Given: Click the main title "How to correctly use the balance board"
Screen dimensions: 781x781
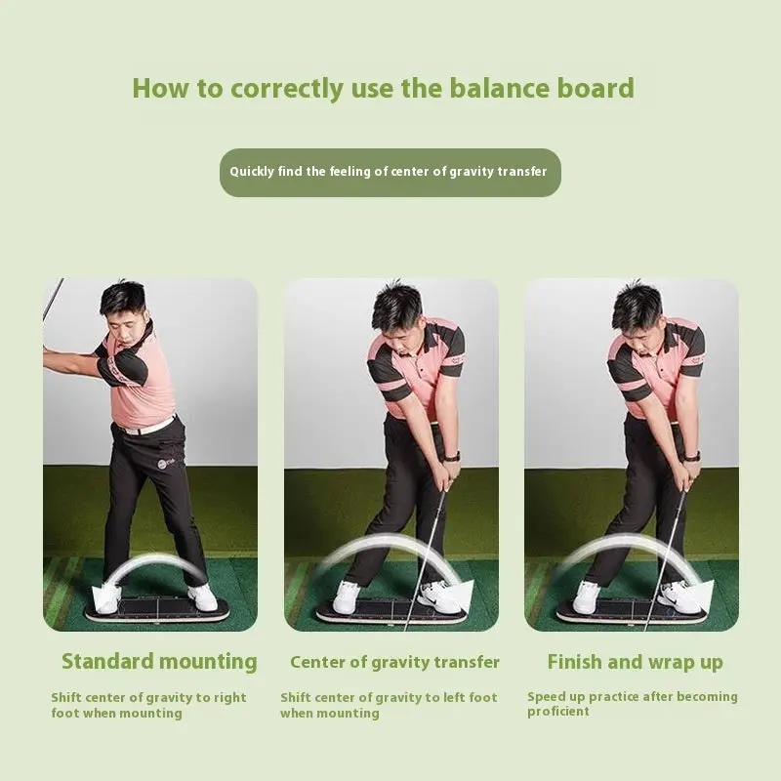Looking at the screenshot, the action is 383,89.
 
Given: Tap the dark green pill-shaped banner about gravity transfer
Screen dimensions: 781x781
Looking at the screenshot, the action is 390,173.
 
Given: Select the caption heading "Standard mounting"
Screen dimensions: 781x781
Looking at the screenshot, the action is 159,662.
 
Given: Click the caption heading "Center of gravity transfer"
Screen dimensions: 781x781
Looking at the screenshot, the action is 394,662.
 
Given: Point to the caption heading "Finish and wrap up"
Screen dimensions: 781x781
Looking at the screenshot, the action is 636,662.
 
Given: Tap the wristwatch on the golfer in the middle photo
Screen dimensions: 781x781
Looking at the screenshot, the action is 451,456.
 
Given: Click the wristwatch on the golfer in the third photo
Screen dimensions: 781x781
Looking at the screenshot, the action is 692,456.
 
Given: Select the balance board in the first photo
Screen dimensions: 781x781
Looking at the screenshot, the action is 157,609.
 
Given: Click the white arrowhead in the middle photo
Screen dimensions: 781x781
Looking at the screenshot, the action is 462,595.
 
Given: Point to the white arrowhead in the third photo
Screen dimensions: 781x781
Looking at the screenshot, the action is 702,595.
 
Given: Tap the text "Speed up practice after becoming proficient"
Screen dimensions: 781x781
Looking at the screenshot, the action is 633,704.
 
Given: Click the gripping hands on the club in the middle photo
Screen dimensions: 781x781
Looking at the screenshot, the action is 445,477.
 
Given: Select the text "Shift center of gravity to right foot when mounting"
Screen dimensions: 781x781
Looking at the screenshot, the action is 149,705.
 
